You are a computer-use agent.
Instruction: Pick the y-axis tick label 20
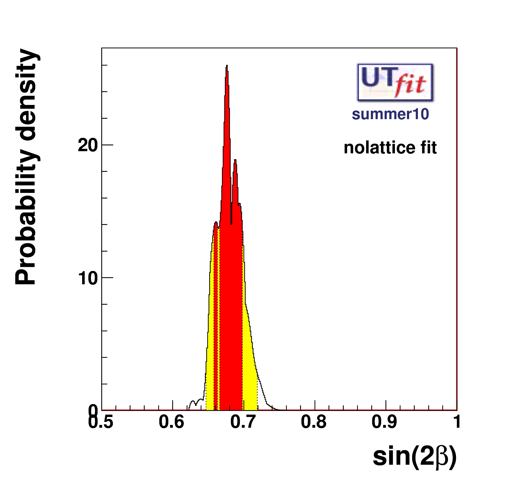pos(88,145)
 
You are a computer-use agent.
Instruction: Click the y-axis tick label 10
pos(88,278)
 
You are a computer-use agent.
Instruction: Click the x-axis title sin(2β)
pos(414,457)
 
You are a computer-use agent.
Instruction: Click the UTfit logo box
pos(395,82)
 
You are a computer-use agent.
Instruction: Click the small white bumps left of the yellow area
pos(196,403)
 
